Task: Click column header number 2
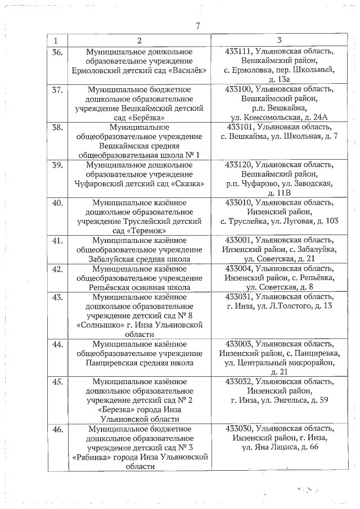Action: (x=139, y=40)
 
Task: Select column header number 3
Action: (x=280, y=40)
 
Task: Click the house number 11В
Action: (x=287, y=193)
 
